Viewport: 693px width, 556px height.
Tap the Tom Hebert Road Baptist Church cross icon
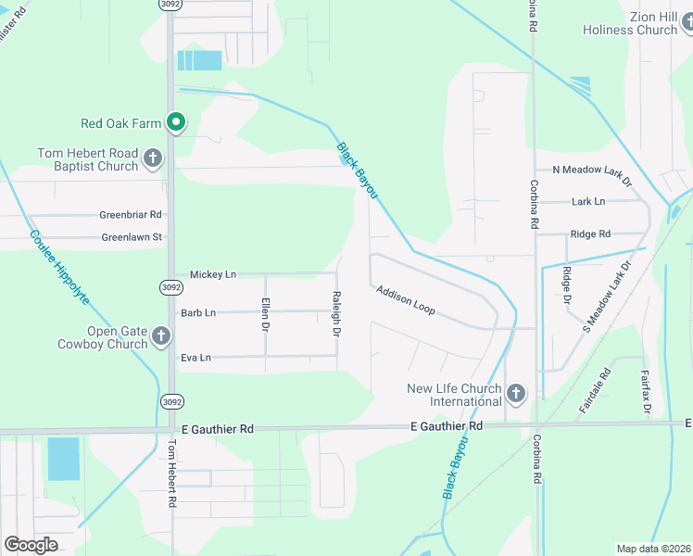click(x=154, y=159)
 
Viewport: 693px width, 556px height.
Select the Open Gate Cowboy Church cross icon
click(x=162, y=336)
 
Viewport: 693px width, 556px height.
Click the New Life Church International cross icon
click(x=516, y=395)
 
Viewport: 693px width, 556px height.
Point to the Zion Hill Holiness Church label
click(x=630, y=23)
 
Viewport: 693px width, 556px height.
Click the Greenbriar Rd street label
click(x=131, y=215)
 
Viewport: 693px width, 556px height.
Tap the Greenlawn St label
click(x=132, y=237)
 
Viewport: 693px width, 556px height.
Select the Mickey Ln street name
click(x=213, y=274)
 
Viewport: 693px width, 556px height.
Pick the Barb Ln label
click(x=198, y=313)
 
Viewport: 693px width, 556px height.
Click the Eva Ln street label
click(x=196, y=358)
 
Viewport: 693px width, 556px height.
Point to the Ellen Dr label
click(x=265, y=314)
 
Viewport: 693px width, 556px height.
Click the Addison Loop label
click(x=405, y=299)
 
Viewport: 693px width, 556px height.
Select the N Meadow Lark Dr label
click(x=591, y=171)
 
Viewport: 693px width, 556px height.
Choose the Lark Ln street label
click(x=587, y=201)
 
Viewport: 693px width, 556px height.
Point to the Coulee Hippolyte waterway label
click(x=59, y=268)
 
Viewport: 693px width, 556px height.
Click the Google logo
click(x=31, y=545)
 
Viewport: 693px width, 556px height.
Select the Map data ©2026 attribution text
click(x=653, y=549)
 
